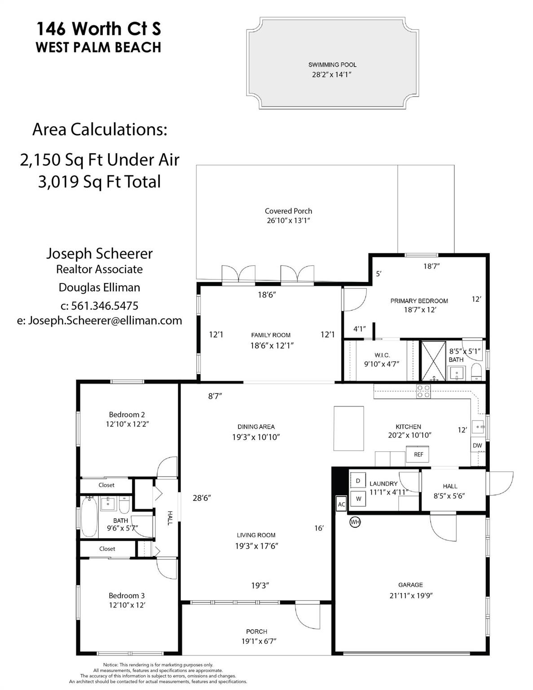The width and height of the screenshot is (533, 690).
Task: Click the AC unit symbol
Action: pyautogui.click(x=341, y=504)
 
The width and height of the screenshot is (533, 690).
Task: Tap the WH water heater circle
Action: pyautogui.click(x=355, y=522)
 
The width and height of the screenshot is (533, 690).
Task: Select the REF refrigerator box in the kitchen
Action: pyautogui.click(x=418, y=454)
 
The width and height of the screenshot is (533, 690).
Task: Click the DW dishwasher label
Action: pyautogui.click(x=477, y=446)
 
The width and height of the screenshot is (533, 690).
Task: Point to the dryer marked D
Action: pyautogui.click(x=358, y=481)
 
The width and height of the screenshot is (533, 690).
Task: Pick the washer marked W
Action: pyautogui.click(x=358, y=498)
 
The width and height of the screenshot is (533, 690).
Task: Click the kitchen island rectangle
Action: pyautogui.click(x=349, y=428)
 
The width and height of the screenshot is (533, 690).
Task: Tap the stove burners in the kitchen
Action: pyautogui.click(x=423, y=391)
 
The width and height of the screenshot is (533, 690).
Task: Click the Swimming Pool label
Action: pyautogui.click(x=332, y=65)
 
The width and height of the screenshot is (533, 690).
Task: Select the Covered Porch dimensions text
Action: pyautogui.click(x=288, y=221)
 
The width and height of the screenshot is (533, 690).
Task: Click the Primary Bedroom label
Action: pyautogui.click(x=419, y=301)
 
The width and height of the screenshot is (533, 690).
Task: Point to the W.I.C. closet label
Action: pyautogui.click(x=382, y=355)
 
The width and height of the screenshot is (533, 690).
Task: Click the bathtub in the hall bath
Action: pyautogui.click(x=89, y=517)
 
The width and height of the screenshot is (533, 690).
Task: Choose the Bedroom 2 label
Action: pyautogui.click(x=127, y=415)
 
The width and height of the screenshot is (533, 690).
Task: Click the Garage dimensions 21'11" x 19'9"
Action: pyautogui.click(x=410, y=596)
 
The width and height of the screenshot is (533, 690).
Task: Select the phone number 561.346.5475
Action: pyautogui.click(x=99, y=306)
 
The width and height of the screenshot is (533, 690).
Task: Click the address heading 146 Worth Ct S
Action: pyautogui.click(x=98, y=29)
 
